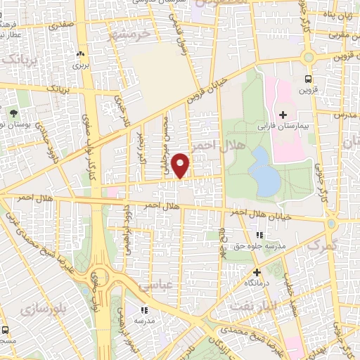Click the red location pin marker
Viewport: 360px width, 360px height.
181,166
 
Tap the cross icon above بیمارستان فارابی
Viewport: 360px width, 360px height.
283,115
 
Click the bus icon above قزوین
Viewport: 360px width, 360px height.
307,79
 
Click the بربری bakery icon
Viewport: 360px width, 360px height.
79,53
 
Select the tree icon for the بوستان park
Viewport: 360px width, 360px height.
13,112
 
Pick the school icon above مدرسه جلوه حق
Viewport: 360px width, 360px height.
259,234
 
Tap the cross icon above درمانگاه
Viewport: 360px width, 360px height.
256,271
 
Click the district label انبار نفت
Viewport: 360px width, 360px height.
254,304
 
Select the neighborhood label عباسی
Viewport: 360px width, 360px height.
155,286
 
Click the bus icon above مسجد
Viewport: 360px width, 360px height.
6,330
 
